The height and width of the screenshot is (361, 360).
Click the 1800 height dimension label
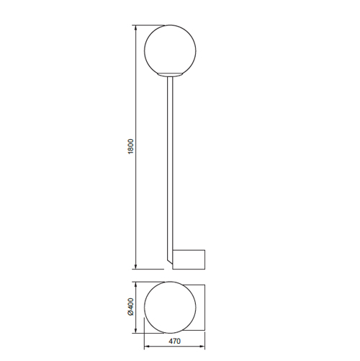tap(130, 146)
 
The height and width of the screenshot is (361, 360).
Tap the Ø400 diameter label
tap(130, 307)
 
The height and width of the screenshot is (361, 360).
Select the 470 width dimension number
tap(174, 341)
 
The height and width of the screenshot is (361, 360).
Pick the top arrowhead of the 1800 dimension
tap(135, 27)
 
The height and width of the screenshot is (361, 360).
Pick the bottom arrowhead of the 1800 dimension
tap(135, 267)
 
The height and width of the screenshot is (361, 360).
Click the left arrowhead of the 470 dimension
tap(147, 347)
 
